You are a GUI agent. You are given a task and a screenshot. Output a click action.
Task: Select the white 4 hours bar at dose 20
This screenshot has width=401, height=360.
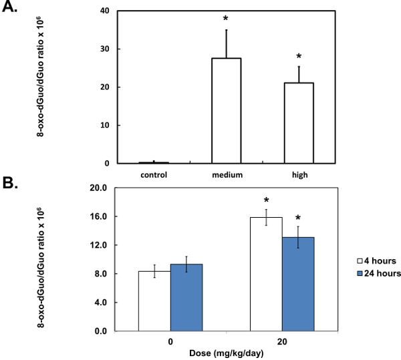(x=266, y=274)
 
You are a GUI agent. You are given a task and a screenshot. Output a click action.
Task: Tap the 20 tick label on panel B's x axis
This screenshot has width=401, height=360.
(x=281, y=341)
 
